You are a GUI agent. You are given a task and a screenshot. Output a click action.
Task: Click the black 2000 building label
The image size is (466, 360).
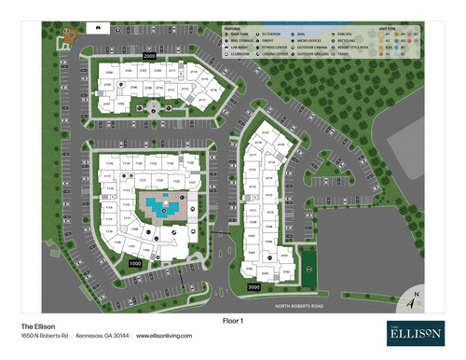(x=148, y=57)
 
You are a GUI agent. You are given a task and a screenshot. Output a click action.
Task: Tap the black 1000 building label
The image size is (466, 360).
(x=135, y=264)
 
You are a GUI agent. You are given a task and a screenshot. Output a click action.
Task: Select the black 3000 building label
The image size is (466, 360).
(x=253, y=287)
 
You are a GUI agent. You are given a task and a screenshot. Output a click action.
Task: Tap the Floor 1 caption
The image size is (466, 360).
(x=232, y=320)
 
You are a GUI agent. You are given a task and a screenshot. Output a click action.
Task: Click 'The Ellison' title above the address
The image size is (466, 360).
(x=39, y=325)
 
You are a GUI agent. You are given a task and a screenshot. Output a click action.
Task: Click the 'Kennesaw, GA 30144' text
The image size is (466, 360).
(x=102, y=336)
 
